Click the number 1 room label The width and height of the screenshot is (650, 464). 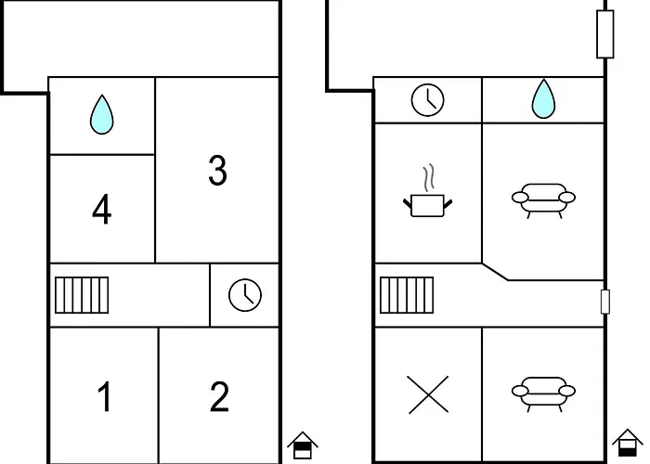click(x=104, y=397)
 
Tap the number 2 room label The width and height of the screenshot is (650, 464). click(x=219, y=397)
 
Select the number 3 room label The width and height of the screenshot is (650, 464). click(x=216, y=171)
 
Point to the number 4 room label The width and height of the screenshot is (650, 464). click(x=102, y=211)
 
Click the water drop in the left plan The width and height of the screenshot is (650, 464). click(x=101, y=115)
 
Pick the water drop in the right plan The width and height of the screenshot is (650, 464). click(x=542, y=99)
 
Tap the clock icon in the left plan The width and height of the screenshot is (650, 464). click(x=245, y=295)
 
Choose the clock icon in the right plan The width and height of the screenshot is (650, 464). click(x=428, y=99)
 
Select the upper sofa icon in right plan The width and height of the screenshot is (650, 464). click(x=543, y=199)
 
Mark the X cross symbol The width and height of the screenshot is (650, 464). click(x=428, y=394)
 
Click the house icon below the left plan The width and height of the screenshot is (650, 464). click(x=301, y=445)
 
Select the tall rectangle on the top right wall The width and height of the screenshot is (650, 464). click(x=605, y=35)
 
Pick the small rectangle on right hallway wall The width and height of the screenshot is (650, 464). click(x=605, y=302)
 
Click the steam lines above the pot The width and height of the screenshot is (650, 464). click(x=427, y=176)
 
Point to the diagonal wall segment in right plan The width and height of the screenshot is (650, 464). click(x=495, y=271)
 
